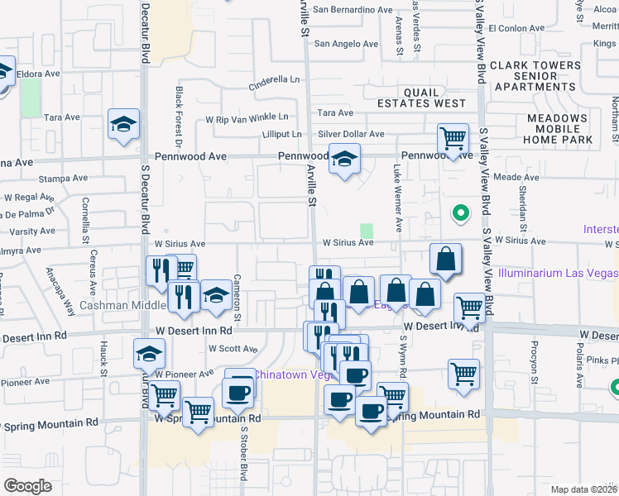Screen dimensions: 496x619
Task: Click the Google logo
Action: (x=27, y=486)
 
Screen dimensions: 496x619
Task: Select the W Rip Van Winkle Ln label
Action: (x=248, y=117)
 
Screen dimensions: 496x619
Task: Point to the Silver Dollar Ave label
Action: (x=351, y=134)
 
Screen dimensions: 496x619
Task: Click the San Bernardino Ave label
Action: (x=353, y=10)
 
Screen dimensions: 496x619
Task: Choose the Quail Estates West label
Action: (x=422, y=98)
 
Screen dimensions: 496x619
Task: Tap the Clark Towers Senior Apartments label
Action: (x=535, y=75)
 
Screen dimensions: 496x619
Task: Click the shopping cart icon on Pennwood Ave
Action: (x=453, y=138)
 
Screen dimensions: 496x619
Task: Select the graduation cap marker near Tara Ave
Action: (x=124, y=125)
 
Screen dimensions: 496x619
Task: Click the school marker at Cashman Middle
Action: (x=215, y=295)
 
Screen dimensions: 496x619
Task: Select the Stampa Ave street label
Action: (x=63, y=178)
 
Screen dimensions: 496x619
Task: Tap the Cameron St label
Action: (x=237, y=298)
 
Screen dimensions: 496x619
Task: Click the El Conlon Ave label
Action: (x=516, y=27)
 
